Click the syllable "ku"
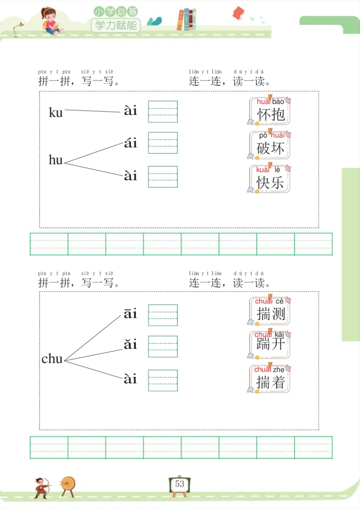(x=55, y=112)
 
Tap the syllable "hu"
(x=55, y=160)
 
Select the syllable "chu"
(x=52, y=359)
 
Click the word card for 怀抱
(x=270, y=111)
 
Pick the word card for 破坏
(x=270, y=145)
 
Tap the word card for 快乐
(x=270, y=179)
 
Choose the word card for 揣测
(x=270, y=311)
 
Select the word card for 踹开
(x=270, y=345)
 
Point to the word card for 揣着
(x=270, y=379)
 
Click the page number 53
(x=180, y=484)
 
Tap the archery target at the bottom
(x=68, y=484)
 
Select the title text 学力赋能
(x=116, y=25)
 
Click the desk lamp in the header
(x=18, y=28)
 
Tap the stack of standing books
(x=186, y=19)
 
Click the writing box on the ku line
(x=163, y=112)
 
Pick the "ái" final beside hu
(x=130, y=143)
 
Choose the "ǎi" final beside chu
(x=130, y=345)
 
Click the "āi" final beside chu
(x=130, y=314)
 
